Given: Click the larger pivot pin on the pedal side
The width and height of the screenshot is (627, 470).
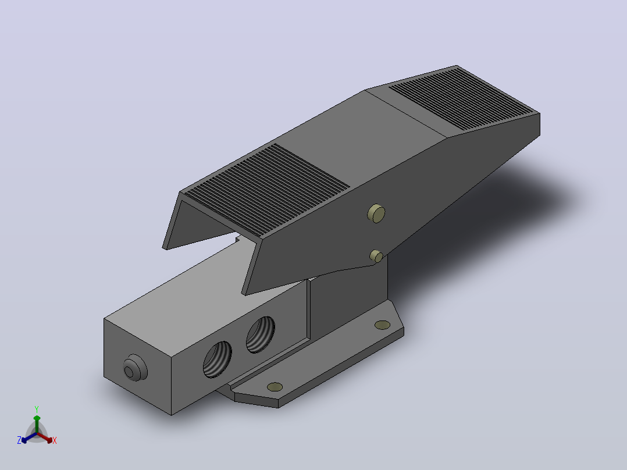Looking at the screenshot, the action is click(x=376, y=213).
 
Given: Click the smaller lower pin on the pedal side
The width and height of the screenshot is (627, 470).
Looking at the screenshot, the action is click(x=376, y=256).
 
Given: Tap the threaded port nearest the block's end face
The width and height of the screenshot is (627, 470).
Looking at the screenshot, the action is click(x=217, y=359).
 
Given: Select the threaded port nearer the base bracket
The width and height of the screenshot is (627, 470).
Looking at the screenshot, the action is click(x=261, y=334).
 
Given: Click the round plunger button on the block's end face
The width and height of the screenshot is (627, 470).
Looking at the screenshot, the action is click(x=135, y=368).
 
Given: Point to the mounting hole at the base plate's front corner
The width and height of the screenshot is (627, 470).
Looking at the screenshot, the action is click(x=275, y=387).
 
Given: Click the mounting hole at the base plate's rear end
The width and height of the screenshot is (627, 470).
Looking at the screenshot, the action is click(x=382, y=325).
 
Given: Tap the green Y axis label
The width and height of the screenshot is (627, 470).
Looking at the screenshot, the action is click(x=37, y=409).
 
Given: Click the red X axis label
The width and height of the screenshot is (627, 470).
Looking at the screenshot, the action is click(x=55, y=440).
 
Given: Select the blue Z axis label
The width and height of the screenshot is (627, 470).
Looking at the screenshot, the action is click(x=19, y=440).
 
